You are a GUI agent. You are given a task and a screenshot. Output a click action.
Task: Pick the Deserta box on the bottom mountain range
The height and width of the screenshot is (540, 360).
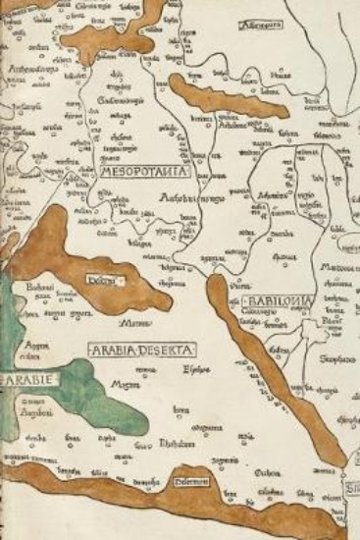(192, 481)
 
